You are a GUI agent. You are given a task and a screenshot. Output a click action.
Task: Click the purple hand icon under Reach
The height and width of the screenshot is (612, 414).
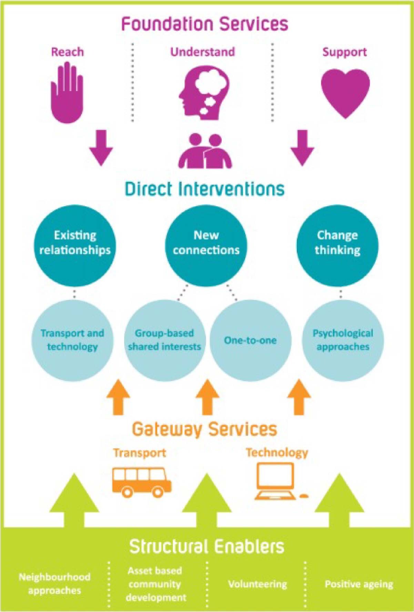tap(67, 93)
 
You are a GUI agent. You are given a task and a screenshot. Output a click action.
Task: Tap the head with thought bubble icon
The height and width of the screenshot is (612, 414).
tap(203, 92)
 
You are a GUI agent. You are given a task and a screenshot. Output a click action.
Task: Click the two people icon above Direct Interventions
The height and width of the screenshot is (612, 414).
tap(205, 151)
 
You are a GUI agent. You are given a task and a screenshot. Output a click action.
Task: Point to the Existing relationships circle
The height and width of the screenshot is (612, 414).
tap(75, 245)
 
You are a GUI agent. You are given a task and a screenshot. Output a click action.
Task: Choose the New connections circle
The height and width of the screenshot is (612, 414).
tap(206, 245)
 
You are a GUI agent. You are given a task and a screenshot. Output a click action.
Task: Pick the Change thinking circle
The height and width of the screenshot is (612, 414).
tap(337, 245)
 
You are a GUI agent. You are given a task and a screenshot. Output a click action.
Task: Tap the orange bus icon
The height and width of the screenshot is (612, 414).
tap(142, 482)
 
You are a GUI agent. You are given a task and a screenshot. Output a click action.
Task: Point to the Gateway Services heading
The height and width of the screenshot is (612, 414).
tap(205, 429)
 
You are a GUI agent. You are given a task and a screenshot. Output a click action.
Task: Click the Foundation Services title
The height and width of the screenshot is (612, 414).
tap(205, 24)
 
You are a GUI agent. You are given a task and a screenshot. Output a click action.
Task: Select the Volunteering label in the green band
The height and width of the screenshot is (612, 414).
tap(258, 584)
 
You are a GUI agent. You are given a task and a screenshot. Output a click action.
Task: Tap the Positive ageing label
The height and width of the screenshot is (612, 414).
tap(359, 584)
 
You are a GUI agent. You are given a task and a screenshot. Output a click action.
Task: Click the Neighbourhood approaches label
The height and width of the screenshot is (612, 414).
tap(54, 583)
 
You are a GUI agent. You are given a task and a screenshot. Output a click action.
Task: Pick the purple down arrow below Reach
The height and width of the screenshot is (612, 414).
tap(101, 148)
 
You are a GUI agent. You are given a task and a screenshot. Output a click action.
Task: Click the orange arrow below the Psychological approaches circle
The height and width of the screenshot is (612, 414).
tap(299, 397)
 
